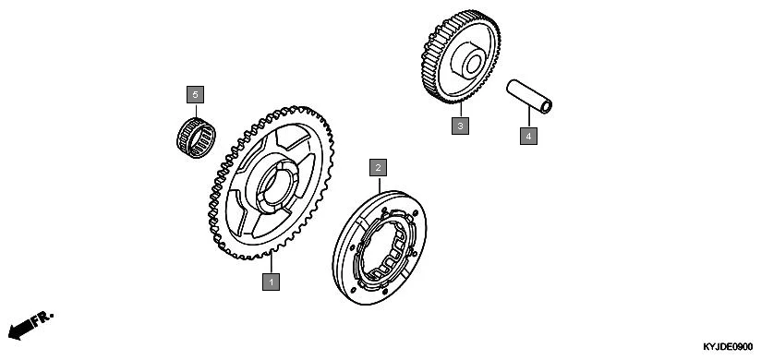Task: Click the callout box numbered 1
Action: pos(271,282)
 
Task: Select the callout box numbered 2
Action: pos(378,168)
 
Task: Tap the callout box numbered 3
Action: pos(460,126)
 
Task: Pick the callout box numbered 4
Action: pos(528,136)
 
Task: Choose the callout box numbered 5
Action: pos(196,94)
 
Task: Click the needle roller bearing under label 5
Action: pos(196,138)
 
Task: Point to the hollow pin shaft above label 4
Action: pos(529,96)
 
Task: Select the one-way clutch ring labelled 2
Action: pos(380,247)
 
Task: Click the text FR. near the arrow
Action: pos(42,319)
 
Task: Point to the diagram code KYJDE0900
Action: pos(728,347)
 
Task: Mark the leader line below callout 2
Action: pos(379,185)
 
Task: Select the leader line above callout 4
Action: pos(528,118)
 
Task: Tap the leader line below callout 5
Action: pos(196,111)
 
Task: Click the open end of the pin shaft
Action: pos(547,106)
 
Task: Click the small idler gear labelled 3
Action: pos(461,56)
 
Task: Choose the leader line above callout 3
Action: pos(460,110)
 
